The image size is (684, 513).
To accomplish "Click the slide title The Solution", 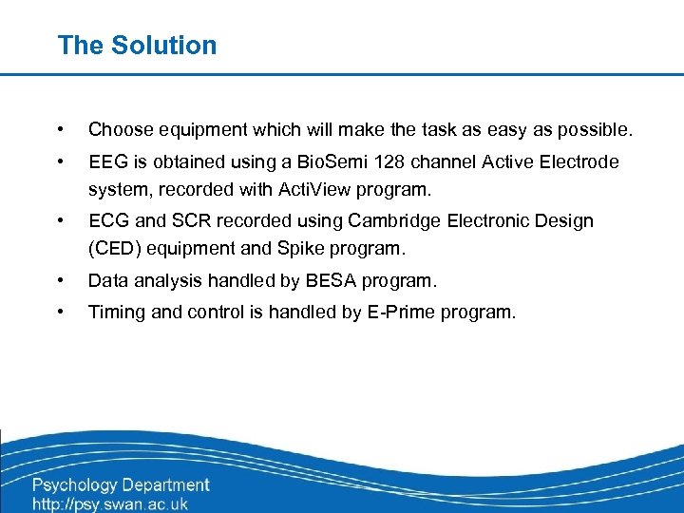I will (x=137, y=45).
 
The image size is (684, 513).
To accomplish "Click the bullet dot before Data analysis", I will (x=61, y=281).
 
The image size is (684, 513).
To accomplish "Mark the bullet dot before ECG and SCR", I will (x=61, y=221).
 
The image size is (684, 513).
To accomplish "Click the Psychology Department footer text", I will (x=121, y=485).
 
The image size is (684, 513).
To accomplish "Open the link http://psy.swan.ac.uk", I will (x=110, y=503).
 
